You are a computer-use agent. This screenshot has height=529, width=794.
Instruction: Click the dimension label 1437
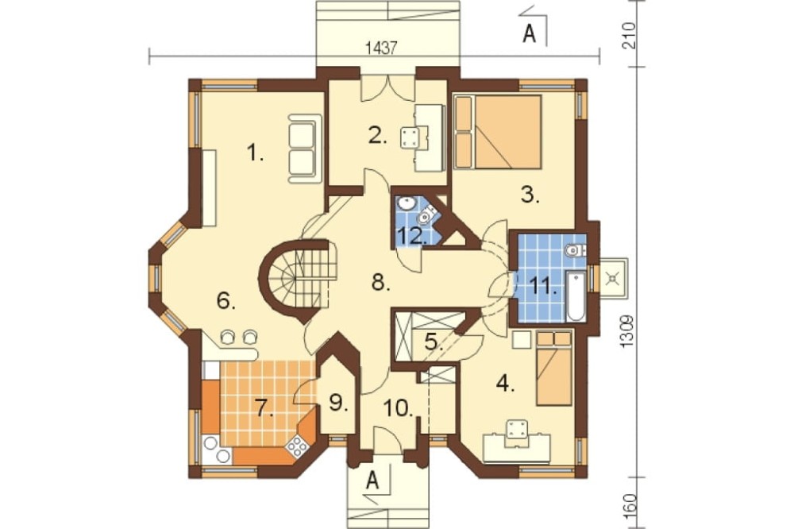coord(380,48)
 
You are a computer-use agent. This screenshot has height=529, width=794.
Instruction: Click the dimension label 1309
coord(627,331)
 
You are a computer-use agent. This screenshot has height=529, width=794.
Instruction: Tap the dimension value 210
coord(627,36)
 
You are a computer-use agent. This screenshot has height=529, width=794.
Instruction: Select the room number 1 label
coord(255,153)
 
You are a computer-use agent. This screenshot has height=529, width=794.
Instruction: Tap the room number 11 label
coord(545,287)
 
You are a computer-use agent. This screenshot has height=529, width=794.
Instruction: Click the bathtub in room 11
coord(576,296)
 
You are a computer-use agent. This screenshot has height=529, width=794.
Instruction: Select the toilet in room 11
coord(576,250)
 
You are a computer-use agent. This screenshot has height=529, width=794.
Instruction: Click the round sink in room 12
coord(406,203)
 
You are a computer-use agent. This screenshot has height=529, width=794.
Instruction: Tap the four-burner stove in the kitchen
coord(297,446)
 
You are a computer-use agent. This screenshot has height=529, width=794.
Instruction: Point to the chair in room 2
coord(410,137)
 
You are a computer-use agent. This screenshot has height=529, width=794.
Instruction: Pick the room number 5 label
coord(432,343)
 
